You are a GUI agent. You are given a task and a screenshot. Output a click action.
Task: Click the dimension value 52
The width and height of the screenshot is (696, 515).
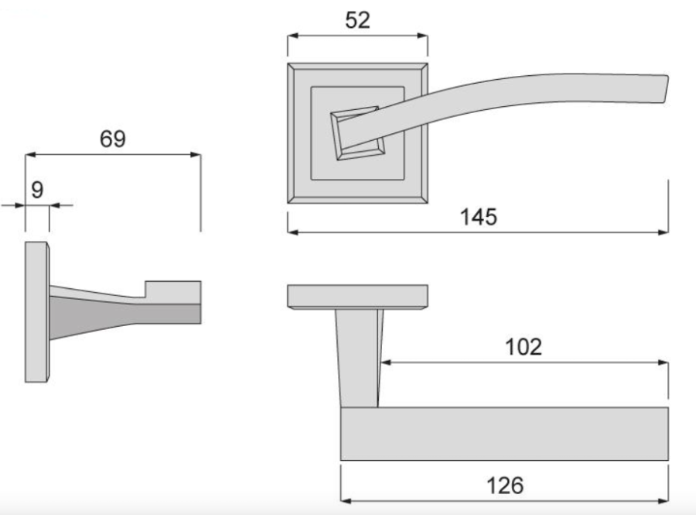pos(357,20)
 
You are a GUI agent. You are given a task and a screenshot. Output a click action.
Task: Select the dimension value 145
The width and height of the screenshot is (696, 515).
pos(479,218)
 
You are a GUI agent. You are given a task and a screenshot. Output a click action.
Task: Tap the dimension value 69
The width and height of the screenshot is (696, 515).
pos(113,139)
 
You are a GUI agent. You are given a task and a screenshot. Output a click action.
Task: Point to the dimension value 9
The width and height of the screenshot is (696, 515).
pos(37,191)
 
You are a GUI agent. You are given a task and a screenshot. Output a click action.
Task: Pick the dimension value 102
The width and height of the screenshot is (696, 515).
pos(524,347)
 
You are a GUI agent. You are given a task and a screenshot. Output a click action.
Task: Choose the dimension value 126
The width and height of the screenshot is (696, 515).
pos(505,486)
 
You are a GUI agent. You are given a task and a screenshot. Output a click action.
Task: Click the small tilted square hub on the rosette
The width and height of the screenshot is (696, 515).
pos(357,133)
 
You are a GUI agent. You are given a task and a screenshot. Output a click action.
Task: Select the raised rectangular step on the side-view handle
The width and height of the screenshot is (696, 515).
pos(173,292)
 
